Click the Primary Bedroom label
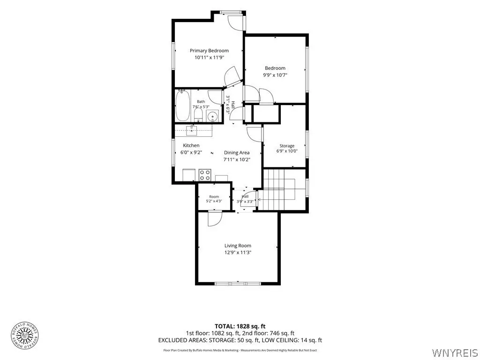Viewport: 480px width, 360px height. pyautogui.click(x=209, y=51)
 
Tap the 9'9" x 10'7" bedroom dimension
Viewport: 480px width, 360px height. pyautogui.click(x=275, y=75)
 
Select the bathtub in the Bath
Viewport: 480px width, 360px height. pyautogui.click(x=182, y=105)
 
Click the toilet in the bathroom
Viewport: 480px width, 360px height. pyautogui.click(x=198, y=116)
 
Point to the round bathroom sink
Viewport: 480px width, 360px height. pyautogui.click(x=212, y=116)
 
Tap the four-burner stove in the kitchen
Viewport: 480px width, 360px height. pyautogui.click(x=205, y=175)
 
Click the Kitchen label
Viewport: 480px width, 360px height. pyautogui.click(x=191, y=145)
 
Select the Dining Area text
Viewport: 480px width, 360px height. pyautogui.click(x=237, y=152)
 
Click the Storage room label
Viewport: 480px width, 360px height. pyautogui.click(x=287, y=146)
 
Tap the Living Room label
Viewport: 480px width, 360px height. pyautogui.click(x=238, y=246)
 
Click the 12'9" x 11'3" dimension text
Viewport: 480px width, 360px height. pyautogui.click(x=238, y=253)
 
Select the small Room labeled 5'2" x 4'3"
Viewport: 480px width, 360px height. pyautogui.click(x=214, y=197)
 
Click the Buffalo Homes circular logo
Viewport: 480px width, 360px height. pyautogui.click(x=25, y=336)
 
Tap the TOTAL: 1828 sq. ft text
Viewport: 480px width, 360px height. pyautogui.click(x=238, y=326)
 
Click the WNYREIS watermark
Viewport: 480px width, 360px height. pyautogui.click(x=454, y=352)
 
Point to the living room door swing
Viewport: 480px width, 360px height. pyautogui.click(x=215, y=219)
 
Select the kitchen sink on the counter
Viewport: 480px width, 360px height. pyautogui.click(x=192, y=131)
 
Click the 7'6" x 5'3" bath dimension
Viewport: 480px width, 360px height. pyautogui.click(x=201, y=107)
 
